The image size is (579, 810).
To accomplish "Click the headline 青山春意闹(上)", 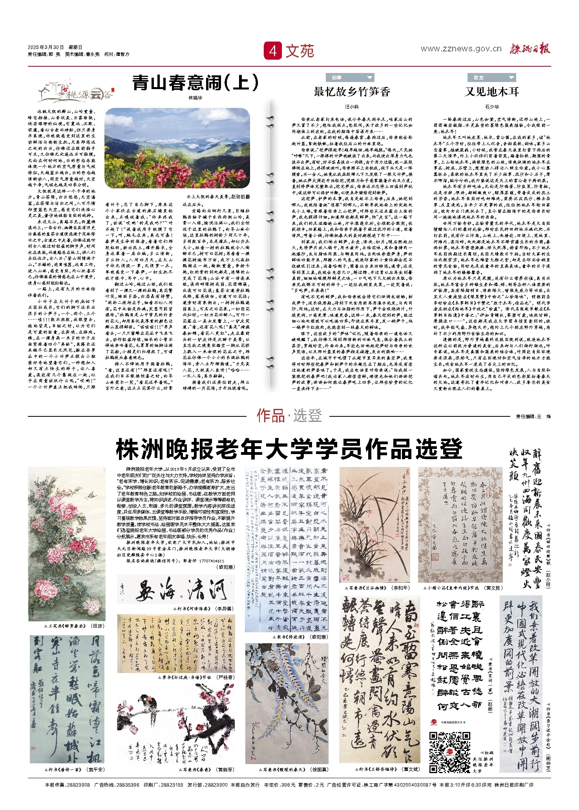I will tap(195, 83).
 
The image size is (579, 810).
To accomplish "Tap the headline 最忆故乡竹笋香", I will tap(352, 92).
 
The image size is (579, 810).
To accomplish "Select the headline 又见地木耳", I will tap(492, 92).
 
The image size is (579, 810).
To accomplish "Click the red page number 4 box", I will tap(273, 51).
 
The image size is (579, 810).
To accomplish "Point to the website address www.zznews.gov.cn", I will tap(461, 49).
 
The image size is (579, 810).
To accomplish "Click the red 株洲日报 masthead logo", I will tap(530, 49).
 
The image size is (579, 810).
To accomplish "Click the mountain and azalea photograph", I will tap(177, 148).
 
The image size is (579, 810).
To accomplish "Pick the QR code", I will tap(449, 752).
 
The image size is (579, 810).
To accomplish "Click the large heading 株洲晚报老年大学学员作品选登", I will tap(289, 449).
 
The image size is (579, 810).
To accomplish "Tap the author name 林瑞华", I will tap(195, 98).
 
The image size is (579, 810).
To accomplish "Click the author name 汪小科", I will tap(352, 107).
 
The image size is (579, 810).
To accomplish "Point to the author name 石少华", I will tap(492, 107).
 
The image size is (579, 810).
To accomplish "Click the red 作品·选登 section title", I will tap(289, 416).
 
